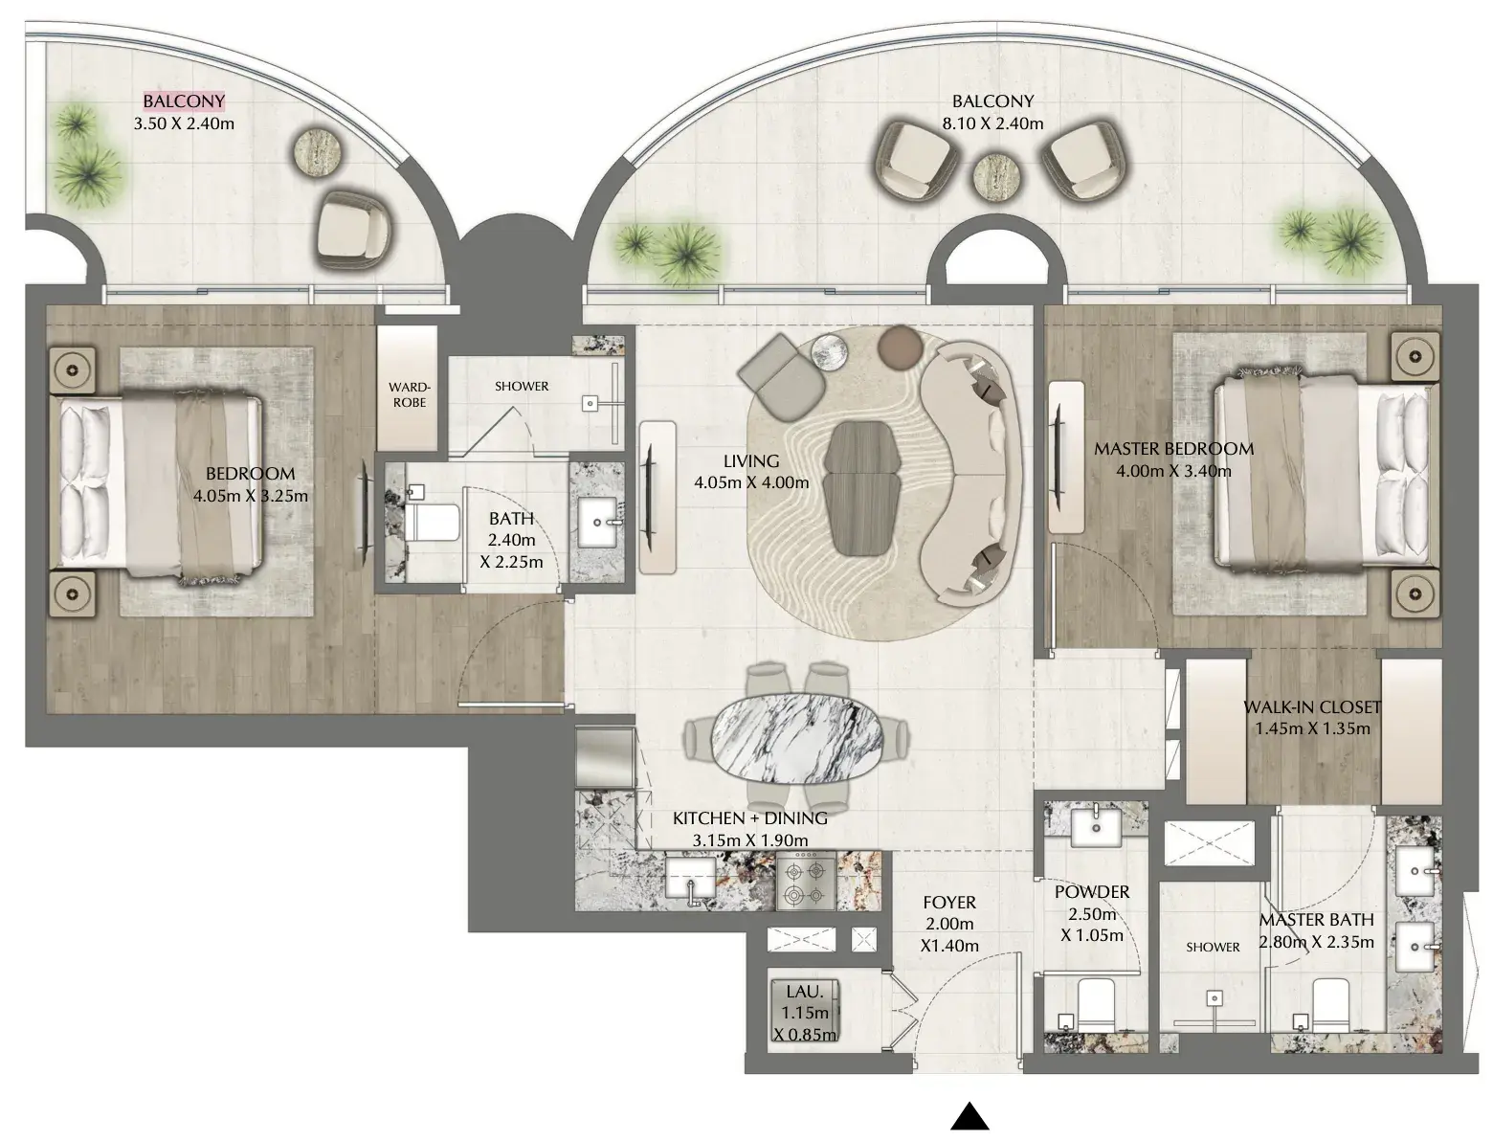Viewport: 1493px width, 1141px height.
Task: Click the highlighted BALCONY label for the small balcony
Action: point(184,101)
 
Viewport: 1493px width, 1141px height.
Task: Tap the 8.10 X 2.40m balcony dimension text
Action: point(992,123)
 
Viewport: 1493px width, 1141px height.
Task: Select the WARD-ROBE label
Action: point(410,394)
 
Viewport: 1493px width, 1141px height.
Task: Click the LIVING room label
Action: point(751,461)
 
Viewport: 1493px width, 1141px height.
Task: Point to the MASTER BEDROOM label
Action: point(1174,449)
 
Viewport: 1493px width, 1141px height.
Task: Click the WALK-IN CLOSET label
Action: point(1312,707)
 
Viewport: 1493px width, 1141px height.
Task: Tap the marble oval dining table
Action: point(796,738)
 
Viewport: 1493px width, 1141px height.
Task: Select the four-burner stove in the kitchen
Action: point(806,882)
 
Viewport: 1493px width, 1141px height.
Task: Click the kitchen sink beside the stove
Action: point(690,881)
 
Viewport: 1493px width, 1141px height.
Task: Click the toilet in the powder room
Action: point(1095,1003)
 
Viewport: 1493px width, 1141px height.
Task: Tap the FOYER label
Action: point(949,903)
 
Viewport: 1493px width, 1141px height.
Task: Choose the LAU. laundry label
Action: point(805,991)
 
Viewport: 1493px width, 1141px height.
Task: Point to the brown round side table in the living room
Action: point(900,347)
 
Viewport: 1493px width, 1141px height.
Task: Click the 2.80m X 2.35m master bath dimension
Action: point(1316,943)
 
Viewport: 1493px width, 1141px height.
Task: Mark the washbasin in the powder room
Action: point(1096,825)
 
